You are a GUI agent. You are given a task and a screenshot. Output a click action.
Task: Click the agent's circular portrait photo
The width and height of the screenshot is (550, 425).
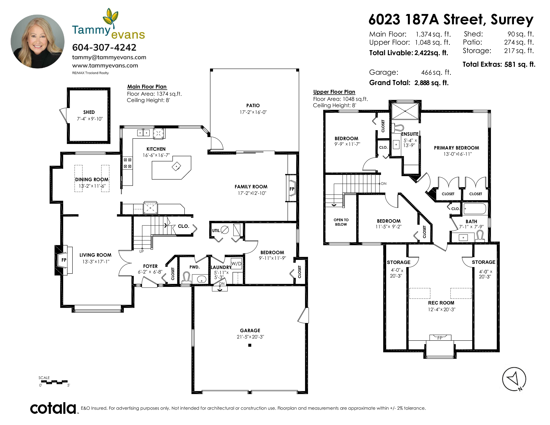(37, 41)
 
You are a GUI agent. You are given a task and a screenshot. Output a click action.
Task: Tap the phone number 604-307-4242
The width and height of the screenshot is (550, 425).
(104, 47)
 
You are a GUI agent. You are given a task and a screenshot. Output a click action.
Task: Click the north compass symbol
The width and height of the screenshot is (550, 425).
(514, 379)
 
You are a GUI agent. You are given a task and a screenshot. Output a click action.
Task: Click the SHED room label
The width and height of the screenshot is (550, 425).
(89, 112)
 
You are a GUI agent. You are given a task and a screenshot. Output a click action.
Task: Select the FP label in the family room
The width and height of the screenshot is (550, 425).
(292, 189)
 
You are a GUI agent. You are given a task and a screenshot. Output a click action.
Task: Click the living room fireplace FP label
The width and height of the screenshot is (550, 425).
(64, 260)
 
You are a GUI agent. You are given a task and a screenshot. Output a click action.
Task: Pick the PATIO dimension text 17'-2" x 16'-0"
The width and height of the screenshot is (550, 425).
(253, 112)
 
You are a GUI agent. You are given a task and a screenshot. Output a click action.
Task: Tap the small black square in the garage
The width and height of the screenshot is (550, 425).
(250, 345)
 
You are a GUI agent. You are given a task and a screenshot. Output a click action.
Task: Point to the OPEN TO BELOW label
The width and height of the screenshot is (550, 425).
(341, 222)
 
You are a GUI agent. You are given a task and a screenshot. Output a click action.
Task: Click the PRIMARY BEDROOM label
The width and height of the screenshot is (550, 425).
(456, 148)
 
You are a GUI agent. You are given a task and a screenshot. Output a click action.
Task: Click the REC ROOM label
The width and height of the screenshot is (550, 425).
(441, 303)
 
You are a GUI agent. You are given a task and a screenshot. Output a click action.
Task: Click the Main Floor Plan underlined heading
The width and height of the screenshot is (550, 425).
(147, 87)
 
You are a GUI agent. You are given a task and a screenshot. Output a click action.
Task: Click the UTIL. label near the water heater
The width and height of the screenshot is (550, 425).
(216, 230)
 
